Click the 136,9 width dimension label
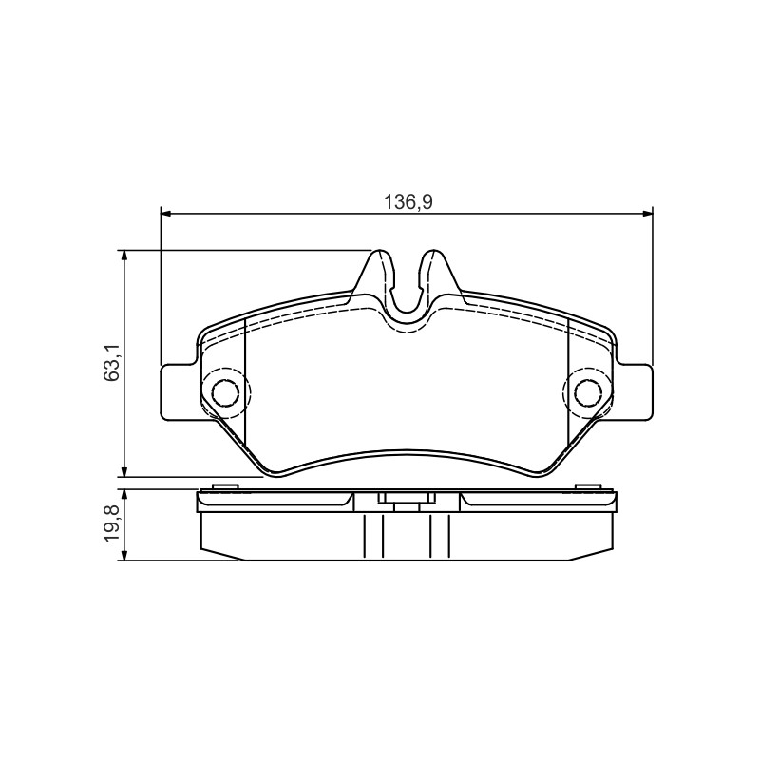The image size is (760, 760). point(408,201)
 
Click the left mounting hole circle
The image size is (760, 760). point(226,391)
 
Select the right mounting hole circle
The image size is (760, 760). point(588,391)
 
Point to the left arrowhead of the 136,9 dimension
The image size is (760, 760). point(165,213)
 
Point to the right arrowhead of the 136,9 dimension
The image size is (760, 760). point(647,213)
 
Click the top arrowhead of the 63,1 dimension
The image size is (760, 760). point(125,256)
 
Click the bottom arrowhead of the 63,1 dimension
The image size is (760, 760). point(125,470)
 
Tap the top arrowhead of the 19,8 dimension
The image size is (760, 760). point(125,495)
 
